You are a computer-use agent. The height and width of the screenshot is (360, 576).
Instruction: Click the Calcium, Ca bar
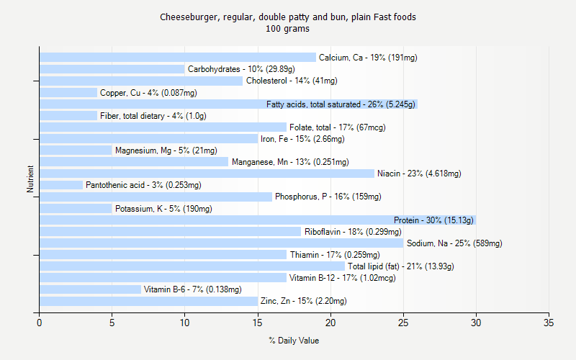(178, 58)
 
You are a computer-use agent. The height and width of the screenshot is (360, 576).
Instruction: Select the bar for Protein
(258, 220)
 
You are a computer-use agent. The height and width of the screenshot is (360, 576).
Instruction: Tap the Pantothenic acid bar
(61, 185)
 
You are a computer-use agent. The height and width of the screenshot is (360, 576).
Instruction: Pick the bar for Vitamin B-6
(90, 289)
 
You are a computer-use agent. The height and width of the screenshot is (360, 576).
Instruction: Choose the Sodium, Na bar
(222, 243)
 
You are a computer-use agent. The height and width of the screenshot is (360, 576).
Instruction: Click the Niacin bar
(207, 174)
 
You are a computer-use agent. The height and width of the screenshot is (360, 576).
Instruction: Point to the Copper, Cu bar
(68, 92)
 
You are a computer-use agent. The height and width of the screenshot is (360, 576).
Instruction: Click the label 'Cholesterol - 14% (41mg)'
(292, 81)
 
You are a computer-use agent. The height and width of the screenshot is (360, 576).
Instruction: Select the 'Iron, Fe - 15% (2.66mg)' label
(302, 139)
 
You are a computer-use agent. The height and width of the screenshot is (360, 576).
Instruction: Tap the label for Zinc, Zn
(303, 301)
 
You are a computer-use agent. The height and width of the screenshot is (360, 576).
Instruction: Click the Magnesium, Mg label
(156, 150)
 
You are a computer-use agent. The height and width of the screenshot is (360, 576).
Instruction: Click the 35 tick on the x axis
(549, 323)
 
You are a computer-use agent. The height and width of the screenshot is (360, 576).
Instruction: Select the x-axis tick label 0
(40, 323)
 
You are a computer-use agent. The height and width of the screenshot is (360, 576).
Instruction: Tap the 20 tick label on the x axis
(330, 323)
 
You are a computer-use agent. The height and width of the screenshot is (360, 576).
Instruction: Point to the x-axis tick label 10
(185, 323)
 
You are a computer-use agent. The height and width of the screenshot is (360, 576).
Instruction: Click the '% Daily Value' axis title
(294, 341)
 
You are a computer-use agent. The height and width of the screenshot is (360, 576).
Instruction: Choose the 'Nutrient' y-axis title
(30, 179)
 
